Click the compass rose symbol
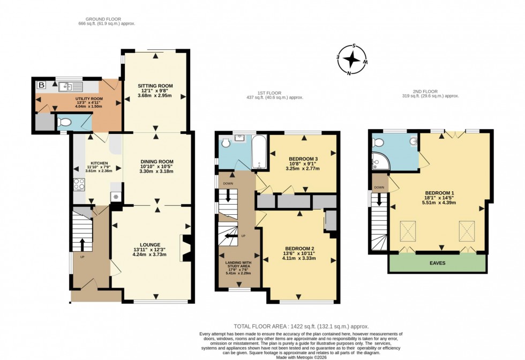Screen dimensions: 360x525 coord(351,58)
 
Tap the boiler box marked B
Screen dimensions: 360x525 coord(41,85)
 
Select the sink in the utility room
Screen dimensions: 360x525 coord(71,86)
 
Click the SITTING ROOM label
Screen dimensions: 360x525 coord(155,86)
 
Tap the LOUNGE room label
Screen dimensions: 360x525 coord(152,245)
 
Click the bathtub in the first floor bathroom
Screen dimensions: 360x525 coord(257,153)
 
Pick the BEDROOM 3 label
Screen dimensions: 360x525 coord(303,159)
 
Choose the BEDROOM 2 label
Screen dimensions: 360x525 coord(299,249)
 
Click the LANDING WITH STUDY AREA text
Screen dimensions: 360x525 coord(238,262)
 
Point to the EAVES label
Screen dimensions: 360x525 coord(437,263)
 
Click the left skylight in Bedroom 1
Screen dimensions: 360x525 coord(409,231)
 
